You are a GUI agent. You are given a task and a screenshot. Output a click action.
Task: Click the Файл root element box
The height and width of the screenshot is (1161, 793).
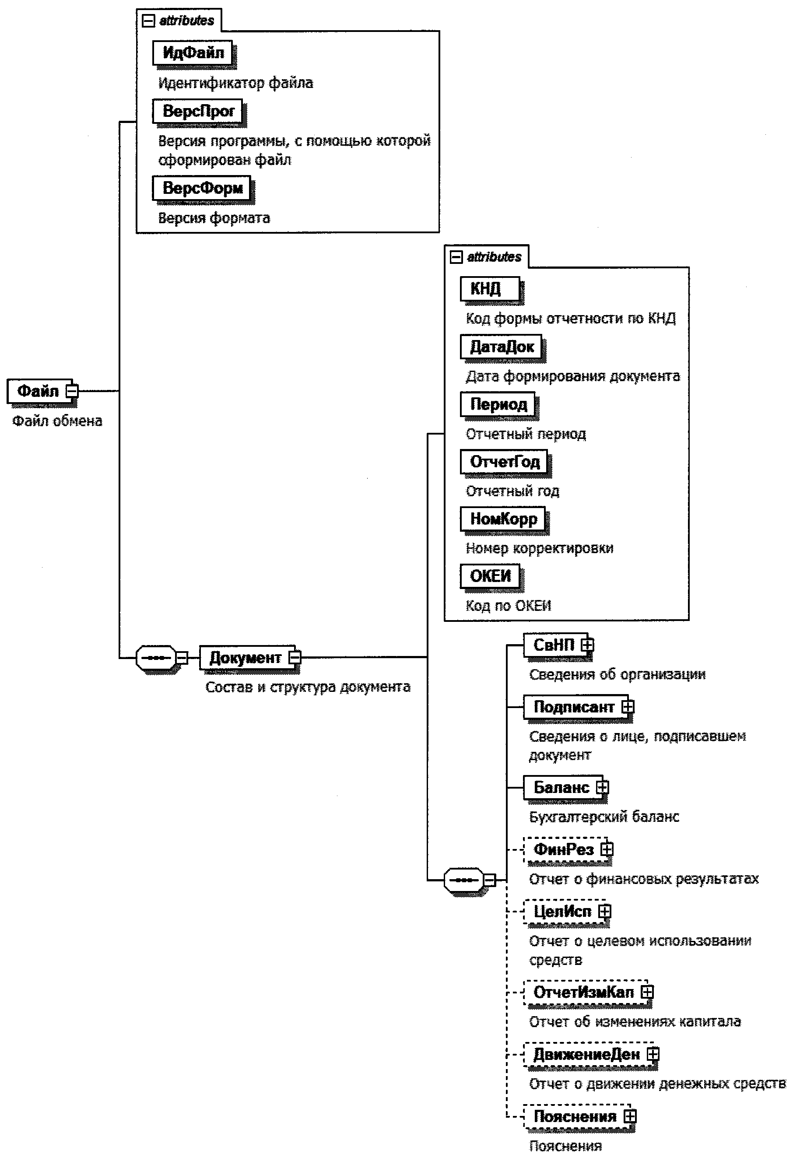click(39, 391)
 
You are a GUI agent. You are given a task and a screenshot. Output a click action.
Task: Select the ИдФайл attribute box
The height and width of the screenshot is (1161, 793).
click(193, 53)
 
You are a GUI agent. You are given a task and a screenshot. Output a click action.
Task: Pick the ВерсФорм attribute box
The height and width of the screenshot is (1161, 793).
click(202, 188)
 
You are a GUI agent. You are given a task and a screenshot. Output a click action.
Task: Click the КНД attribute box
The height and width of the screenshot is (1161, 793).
click(490, 288)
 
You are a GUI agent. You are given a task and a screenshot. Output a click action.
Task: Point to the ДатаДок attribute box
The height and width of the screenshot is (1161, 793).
click(501, 346)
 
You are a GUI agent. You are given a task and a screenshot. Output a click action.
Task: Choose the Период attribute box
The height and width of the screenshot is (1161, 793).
click(498, 404)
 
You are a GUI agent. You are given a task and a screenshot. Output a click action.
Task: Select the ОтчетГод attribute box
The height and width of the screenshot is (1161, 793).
click(504, 462)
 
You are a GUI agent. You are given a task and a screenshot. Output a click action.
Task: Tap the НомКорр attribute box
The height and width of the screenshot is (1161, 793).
click(503, 519)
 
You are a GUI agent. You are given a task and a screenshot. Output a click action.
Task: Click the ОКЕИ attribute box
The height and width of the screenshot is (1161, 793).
click(490, 576)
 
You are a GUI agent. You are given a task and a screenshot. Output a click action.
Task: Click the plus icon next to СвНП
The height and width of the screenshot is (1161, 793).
click(588, 645)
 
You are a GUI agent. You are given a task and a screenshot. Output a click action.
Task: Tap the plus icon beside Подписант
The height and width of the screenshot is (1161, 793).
click(628, 707)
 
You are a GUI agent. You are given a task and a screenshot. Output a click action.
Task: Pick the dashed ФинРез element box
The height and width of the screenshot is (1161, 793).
click(563, 849)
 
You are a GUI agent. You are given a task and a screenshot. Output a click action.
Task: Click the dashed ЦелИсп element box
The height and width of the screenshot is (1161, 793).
click(561, 911)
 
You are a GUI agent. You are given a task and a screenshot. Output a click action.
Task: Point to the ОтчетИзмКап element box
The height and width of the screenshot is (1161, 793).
click(583, 992)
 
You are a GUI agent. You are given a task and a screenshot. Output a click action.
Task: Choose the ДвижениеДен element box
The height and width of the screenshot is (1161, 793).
click(586, 1054)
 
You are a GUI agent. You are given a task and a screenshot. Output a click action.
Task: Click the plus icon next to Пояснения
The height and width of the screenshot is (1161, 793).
click(630, 1116)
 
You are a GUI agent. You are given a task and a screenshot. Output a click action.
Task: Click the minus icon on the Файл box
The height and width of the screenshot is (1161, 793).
click(73, 391)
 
